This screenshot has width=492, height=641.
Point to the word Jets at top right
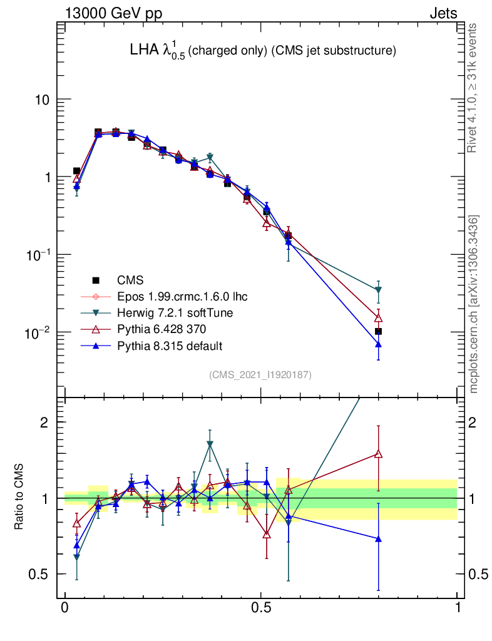(x=443, y=14)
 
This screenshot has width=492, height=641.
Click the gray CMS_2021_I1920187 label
(x=260, y=374)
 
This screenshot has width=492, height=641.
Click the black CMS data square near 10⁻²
(x=378, y=331)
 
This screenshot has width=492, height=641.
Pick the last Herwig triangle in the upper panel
(x=378, y=290)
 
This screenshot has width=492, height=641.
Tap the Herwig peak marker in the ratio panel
(x=210, y=444)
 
